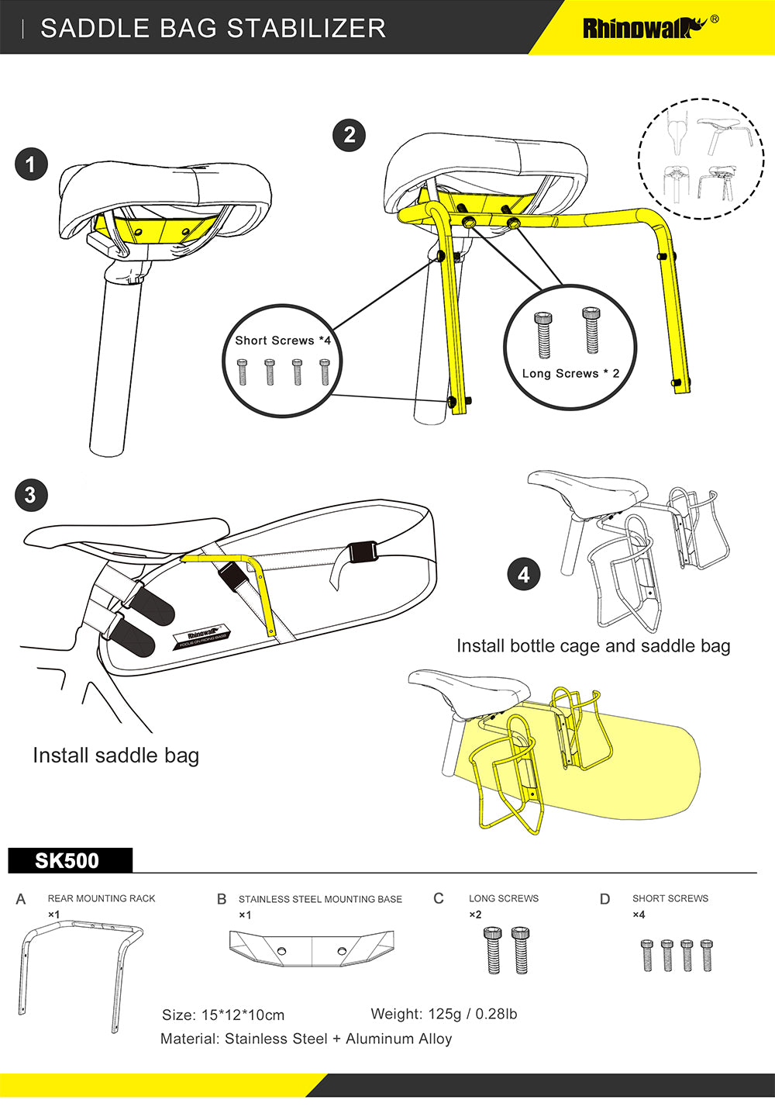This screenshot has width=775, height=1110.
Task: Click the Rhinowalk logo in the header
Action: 643,28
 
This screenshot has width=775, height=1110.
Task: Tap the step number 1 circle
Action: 31,164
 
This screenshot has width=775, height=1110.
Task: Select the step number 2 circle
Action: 350,135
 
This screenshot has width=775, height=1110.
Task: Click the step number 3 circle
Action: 31,496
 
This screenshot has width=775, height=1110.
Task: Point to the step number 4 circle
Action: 524,575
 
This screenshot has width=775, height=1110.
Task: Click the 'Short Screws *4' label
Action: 283,341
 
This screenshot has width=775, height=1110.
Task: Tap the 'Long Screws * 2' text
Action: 570,373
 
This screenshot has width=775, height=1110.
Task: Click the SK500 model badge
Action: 68,861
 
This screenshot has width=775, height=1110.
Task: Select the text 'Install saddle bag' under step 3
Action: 116,755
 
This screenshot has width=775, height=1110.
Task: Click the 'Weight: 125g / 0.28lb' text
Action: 443,1014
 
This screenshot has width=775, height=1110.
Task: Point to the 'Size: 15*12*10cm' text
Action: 223,1015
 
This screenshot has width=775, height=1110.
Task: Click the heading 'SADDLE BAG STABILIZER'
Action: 213,29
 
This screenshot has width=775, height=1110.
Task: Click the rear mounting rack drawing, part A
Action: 77,970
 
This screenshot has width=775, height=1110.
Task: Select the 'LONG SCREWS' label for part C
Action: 504,898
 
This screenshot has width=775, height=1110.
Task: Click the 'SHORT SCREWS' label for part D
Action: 670,898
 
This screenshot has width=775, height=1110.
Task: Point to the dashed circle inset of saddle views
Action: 701,159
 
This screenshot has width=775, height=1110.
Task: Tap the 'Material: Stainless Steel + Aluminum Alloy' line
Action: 306,1039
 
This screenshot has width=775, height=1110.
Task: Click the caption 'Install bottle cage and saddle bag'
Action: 593,645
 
